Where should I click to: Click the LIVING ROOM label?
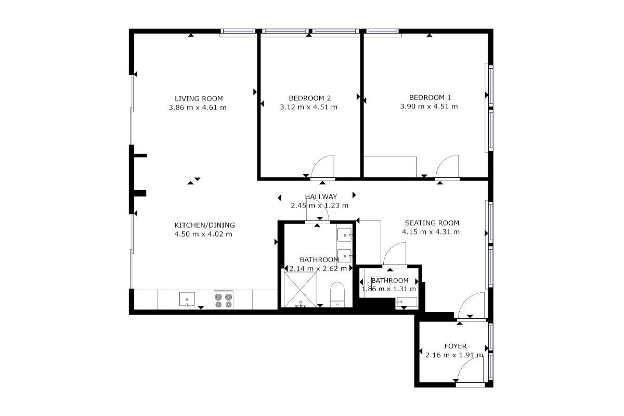199,99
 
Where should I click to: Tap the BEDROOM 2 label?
310,98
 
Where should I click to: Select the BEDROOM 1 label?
430,98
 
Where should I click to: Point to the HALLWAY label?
321,197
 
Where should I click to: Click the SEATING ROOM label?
432,223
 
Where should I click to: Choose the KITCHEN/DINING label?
204,225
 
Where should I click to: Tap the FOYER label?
456,346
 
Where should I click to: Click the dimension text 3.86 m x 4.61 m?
198,108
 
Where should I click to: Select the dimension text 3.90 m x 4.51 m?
429,107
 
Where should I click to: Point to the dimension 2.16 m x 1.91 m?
454,355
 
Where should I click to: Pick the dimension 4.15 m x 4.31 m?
431,232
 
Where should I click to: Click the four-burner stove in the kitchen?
224,300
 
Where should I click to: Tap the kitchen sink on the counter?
187,298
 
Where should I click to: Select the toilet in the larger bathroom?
337,295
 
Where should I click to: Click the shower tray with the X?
300,290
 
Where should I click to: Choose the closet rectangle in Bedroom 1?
390,167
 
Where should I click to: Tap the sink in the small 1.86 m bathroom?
407,302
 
